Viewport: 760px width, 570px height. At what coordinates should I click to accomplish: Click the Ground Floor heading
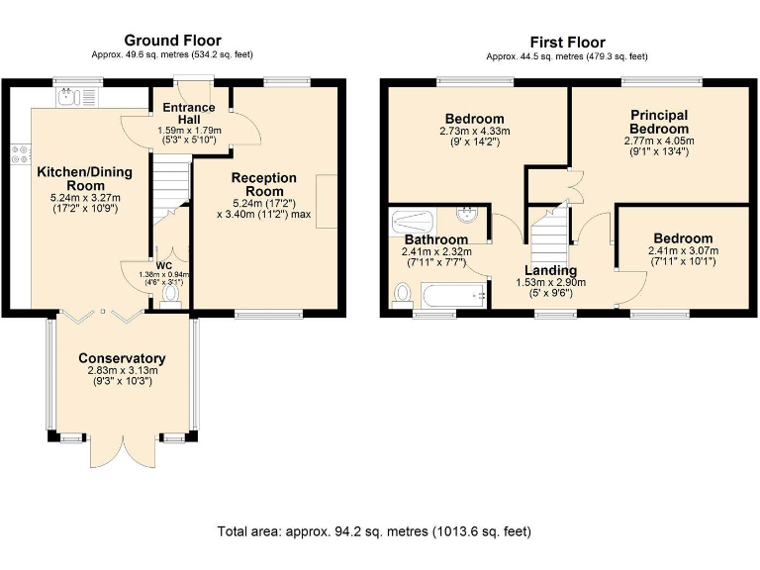172,41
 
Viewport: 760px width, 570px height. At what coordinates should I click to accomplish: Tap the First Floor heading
567,43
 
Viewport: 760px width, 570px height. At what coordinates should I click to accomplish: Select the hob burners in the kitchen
20,154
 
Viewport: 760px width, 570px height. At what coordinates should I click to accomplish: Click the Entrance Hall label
189,113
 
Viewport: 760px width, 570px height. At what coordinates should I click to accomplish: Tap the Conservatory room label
122,358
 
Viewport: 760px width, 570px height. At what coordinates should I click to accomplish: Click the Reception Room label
264,184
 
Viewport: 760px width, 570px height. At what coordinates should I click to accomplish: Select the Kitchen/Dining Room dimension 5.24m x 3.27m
85,198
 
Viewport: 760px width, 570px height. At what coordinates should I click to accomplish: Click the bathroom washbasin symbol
467,215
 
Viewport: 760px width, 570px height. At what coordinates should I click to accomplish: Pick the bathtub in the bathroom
453,295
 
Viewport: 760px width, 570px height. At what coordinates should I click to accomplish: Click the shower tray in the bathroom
412,223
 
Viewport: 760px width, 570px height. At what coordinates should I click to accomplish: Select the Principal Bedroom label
659,122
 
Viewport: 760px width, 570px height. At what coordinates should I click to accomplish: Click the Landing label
550,270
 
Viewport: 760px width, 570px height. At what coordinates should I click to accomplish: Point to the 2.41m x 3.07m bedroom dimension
684,250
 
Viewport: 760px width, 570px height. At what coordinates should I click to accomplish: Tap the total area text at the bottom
374,531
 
